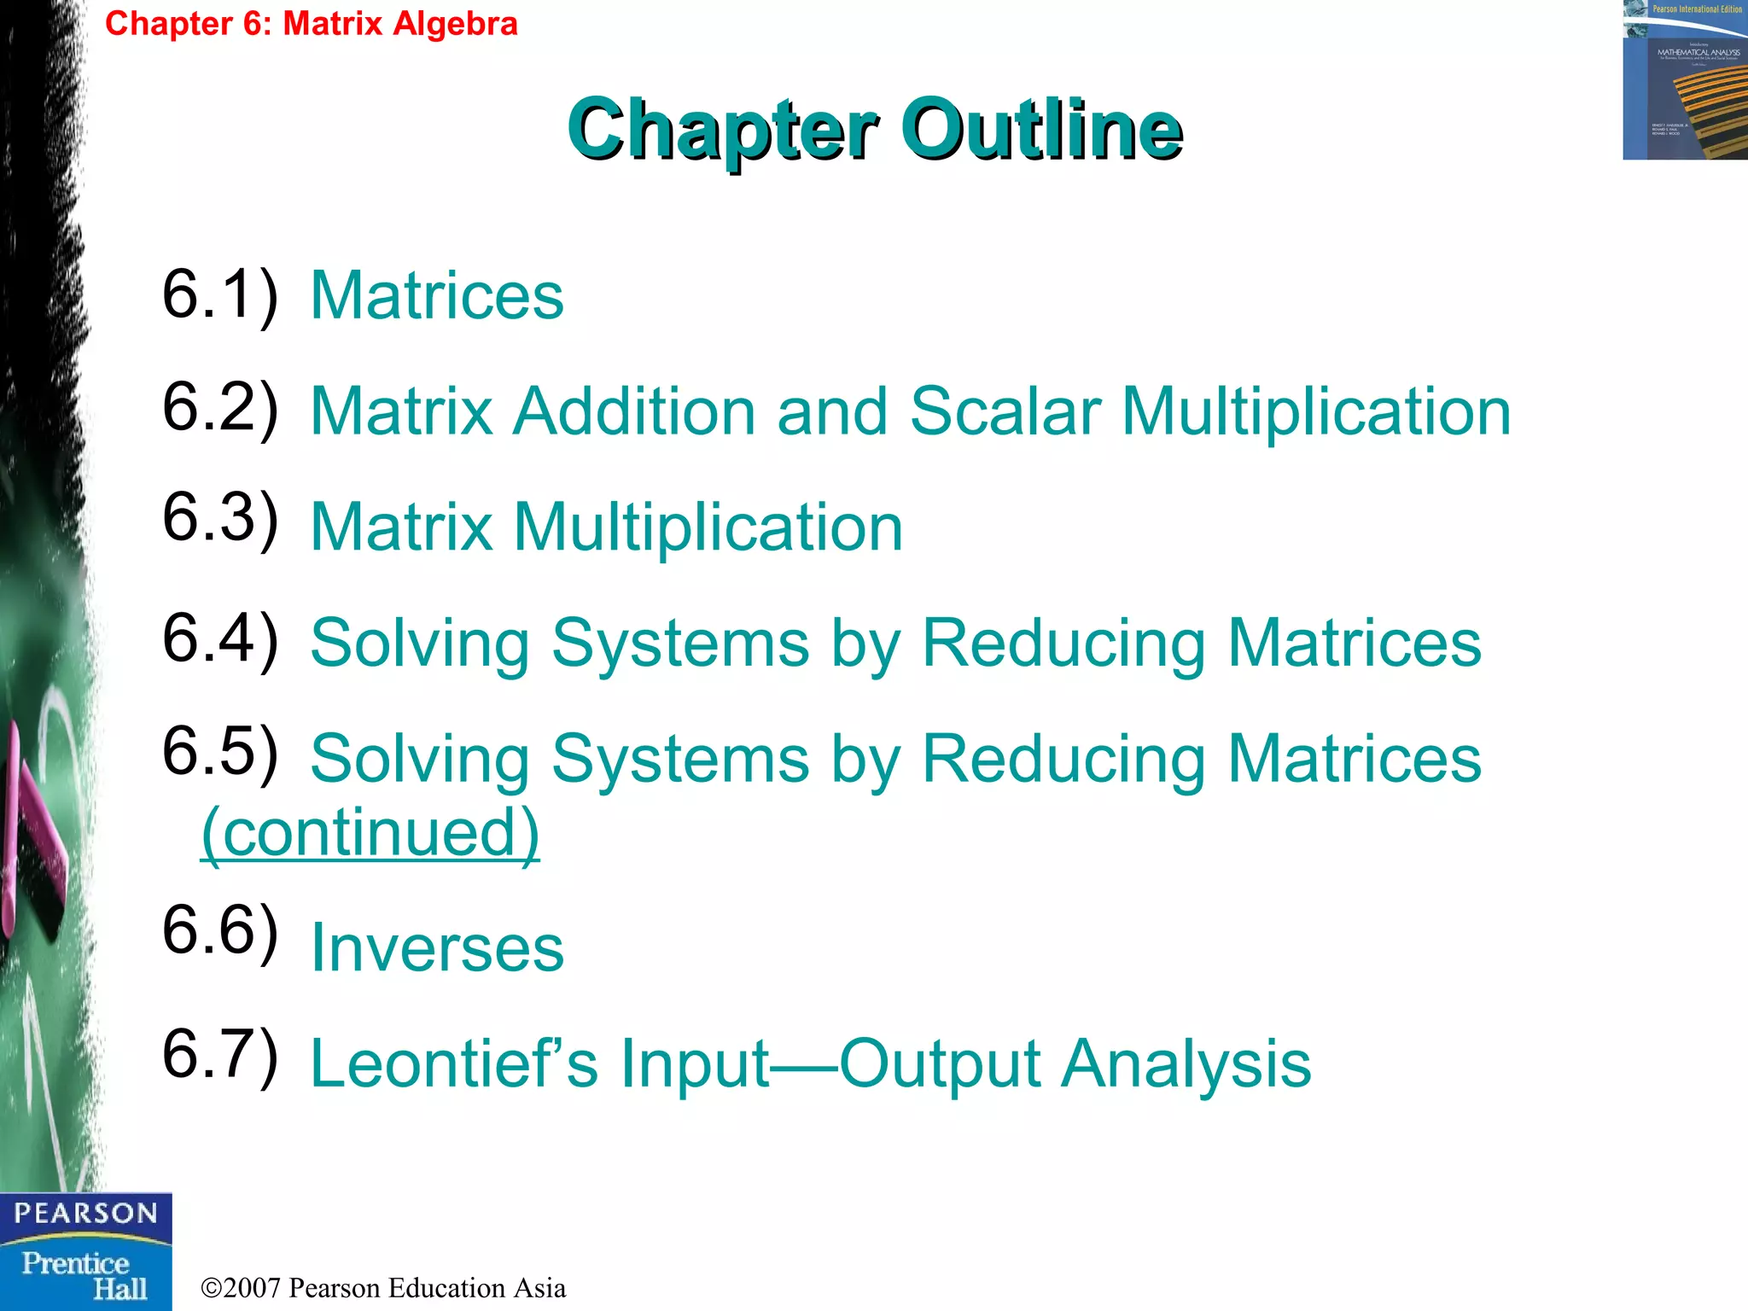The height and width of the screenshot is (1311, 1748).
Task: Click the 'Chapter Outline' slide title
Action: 875,130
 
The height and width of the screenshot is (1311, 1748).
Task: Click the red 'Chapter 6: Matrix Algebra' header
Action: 312,23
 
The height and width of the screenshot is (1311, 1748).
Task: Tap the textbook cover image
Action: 1684,80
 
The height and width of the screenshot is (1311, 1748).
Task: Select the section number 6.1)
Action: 220,294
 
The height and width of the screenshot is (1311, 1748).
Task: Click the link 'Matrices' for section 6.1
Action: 437,296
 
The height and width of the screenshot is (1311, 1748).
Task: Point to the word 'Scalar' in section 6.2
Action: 1005,412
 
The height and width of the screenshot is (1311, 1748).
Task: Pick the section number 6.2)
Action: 220,408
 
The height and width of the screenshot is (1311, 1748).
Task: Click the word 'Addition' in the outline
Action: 634,412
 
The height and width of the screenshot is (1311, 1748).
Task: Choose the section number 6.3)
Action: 220,518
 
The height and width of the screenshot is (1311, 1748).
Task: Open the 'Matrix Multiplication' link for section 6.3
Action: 606,527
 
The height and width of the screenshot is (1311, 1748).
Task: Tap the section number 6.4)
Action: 220,639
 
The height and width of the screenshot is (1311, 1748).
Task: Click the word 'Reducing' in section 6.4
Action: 1064,644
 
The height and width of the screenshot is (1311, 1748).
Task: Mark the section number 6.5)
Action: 220,752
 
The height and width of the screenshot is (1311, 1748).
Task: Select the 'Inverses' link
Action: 437,948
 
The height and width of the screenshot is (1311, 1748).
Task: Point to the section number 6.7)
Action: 220,1055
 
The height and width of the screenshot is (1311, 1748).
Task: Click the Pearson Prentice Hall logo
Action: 85,1251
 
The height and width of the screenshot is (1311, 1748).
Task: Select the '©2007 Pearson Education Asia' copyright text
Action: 383,1288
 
